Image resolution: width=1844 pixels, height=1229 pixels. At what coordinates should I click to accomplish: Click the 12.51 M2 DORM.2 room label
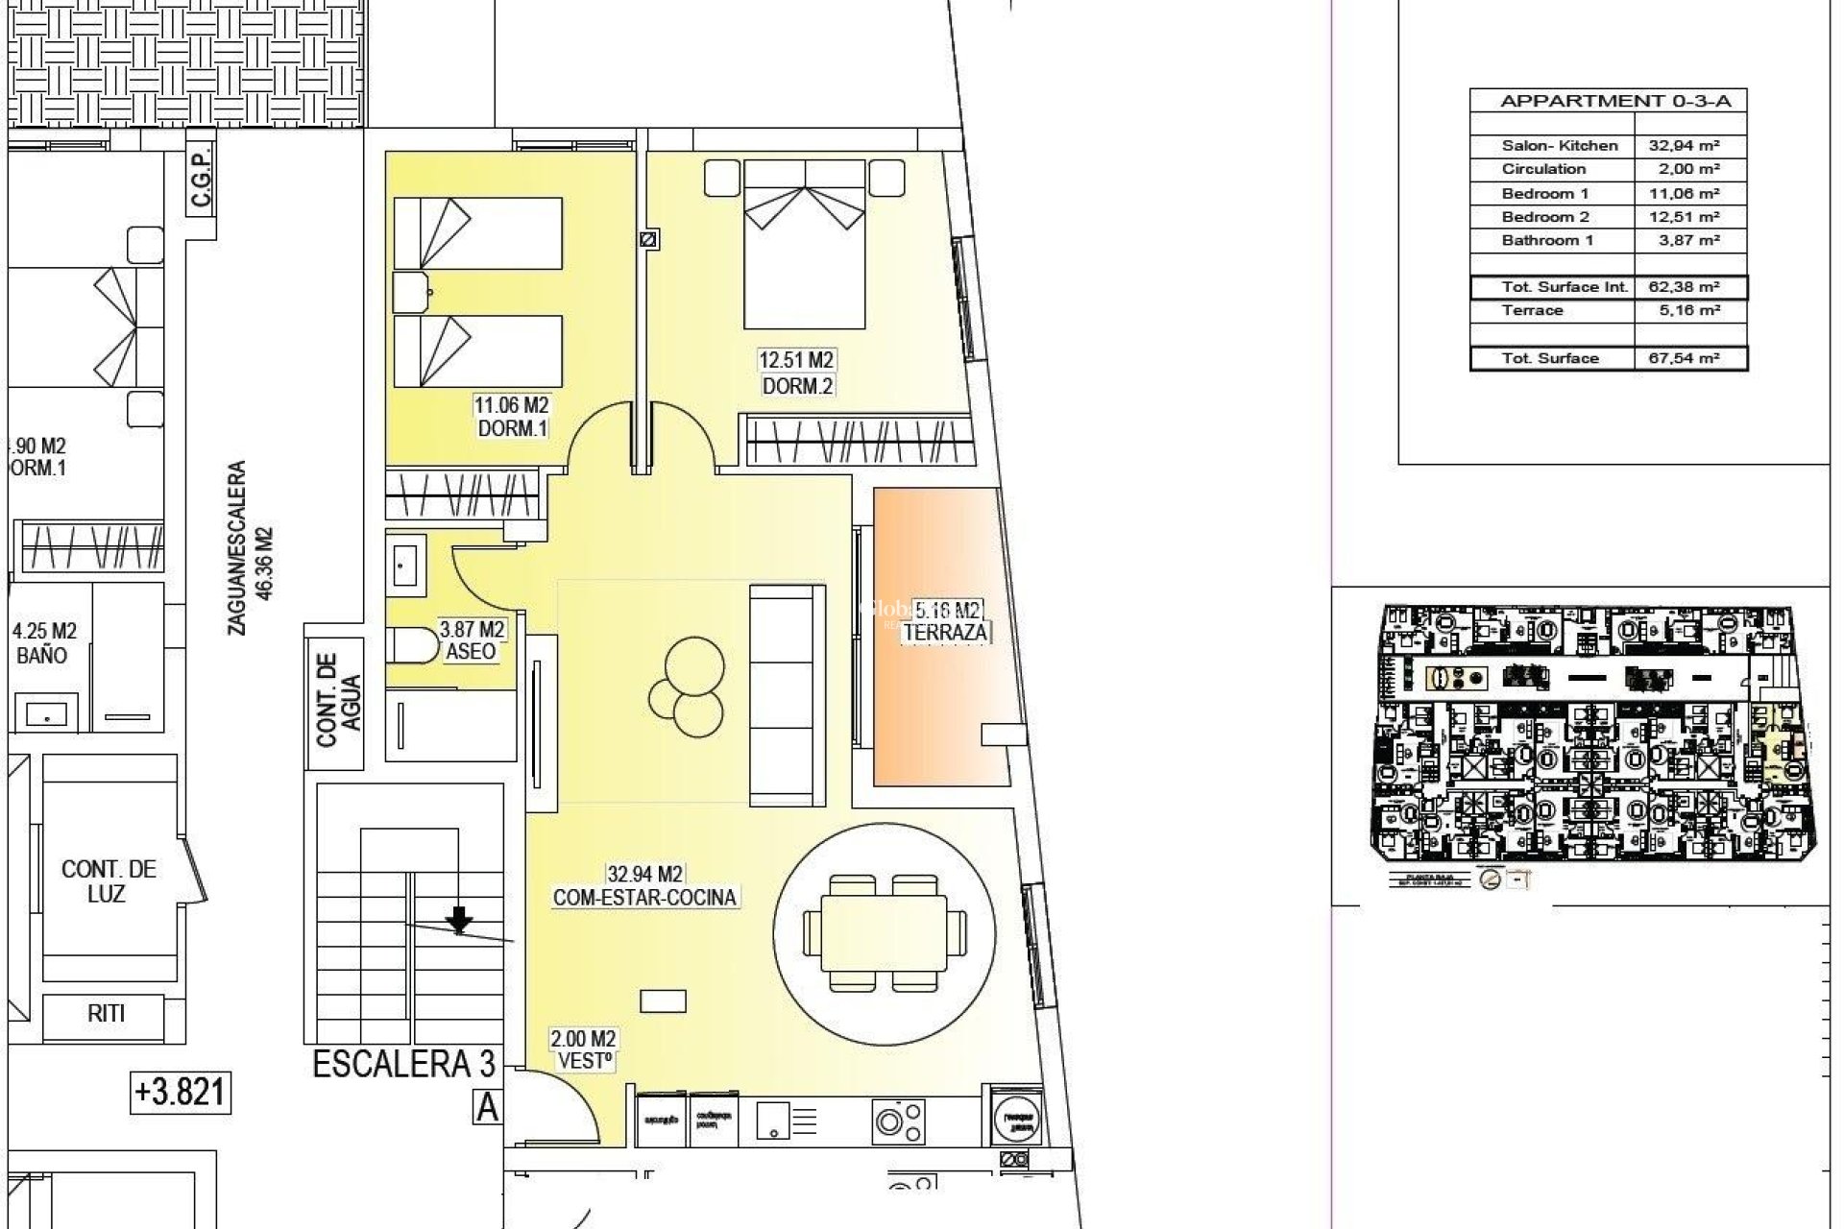pos(796,373)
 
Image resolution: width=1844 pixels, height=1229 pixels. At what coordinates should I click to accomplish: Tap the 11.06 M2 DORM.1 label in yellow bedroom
pos(513,418)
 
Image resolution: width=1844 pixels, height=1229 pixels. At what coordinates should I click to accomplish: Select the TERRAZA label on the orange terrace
pos(946,633)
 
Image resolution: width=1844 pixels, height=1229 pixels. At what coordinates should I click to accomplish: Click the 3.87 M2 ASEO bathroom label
pos(472,640)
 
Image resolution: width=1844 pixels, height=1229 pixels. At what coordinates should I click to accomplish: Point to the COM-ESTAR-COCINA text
pos(645,898)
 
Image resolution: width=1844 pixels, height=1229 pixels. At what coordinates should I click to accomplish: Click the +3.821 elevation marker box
pos(181,1093)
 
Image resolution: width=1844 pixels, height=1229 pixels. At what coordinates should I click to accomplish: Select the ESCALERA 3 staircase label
pos(404,1064)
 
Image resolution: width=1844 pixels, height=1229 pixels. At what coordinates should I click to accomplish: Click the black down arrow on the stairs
pos(460,920)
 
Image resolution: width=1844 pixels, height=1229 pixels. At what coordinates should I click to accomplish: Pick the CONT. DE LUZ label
pos(108,880)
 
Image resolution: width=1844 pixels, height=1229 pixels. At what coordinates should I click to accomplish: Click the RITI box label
pos(106,1013)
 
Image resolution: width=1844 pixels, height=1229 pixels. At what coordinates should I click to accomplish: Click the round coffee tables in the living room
pos(685,684)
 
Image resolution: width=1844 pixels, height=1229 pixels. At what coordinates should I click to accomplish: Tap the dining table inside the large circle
pos(884,932)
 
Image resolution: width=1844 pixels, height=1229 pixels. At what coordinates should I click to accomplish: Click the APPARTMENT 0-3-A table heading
pos(1608,101)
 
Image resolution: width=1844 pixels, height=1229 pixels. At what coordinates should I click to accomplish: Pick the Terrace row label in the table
pos(1532,310)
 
